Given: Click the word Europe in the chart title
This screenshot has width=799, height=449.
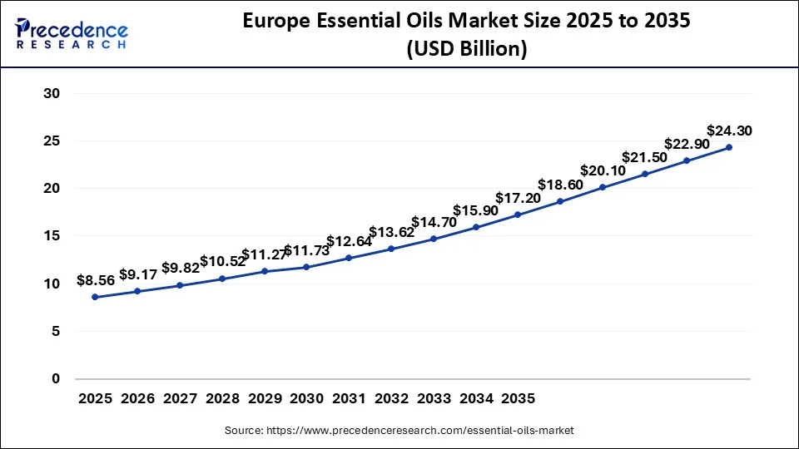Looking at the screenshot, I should coord(277,22).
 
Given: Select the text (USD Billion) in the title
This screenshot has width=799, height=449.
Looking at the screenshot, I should coord(466,49).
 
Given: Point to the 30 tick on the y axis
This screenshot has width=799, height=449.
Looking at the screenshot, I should coord(52,93).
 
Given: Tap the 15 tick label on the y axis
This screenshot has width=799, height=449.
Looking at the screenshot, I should coord(52,236).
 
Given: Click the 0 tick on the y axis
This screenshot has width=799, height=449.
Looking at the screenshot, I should coord(56,379).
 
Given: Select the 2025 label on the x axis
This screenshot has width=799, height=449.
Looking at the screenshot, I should coord(95,399).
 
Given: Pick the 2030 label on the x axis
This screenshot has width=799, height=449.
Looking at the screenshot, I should coord(307,399).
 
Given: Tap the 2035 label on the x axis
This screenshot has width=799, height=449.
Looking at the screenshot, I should coord(518,399).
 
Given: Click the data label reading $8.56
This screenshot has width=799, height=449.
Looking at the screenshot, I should coord(95,280).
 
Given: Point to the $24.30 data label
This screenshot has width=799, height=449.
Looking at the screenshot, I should coord(729,131).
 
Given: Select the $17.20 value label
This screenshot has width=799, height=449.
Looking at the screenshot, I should coord(518,198).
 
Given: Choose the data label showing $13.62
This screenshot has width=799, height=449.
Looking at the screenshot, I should coord(391,232).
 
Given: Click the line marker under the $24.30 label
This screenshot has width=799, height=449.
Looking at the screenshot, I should coord(729,147).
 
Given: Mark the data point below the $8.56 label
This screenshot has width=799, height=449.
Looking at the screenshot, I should coord(95,297).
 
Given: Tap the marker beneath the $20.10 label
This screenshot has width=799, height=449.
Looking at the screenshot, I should coord(603,187).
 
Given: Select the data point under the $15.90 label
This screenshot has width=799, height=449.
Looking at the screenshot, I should coord(475,227).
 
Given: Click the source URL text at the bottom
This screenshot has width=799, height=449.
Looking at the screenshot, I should coord(399,431).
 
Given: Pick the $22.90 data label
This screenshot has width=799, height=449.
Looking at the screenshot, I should coord(687,144).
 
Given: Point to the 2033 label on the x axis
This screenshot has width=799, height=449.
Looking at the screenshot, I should coord(434,399).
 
